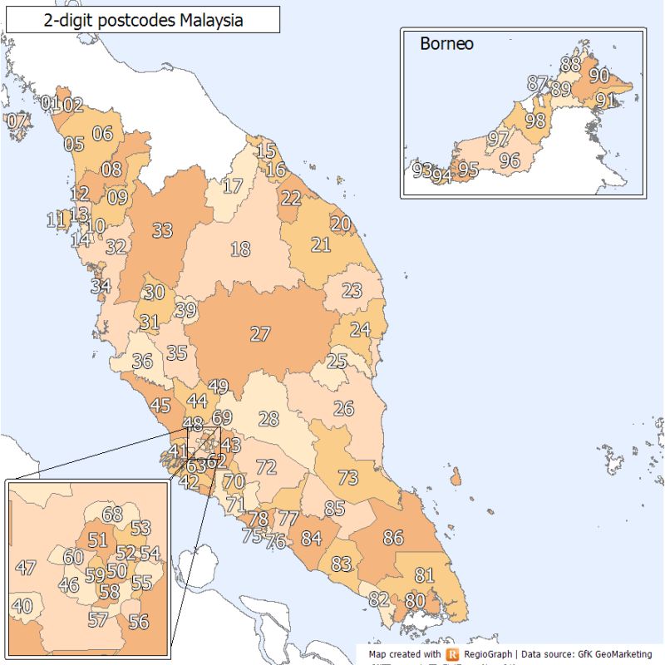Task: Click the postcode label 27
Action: click(260, 334)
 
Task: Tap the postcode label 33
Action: click(162, 230)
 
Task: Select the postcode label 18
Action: click(240, 249)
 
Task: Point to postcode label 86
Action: click(393, 538)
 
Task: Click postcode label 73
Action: click(347, 478)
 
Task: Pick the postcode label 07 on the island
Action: click(16, 121)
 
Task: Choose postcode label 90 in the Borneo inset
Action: click(598, 75)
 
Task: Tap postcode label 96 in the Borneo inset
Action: click(510, 160)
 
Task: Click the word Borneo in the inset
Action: click(446, 43)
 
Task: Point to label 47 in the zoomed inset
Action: click(26, 569)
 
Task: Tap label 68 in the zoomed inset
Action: click(112, 515)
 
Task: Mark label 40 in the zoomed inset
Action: click(22, 607)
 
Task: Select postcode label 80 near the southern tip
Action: click(415, 599)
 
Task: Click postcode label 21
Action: click(321, 245)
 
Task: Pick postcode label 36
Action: click(142, 362)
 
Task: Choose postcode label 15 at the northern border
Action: click(266, 151)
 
